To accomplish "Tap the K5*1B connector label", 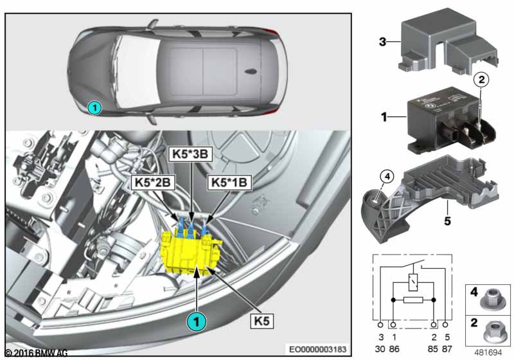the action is (x=228, y=183).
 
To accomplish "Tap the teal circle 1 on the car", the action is (x=94, y=108).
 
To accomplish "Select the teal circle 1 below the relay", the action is (x=197, y=318).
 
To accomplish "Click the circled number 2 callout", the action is (x=481, y=80).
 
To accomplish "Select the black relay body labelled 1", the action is (x=443, y=119).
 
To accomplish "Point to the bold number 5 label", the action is (x=448, y=222).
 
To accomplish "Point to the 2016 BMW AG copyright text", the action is (x=36, y=353).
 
